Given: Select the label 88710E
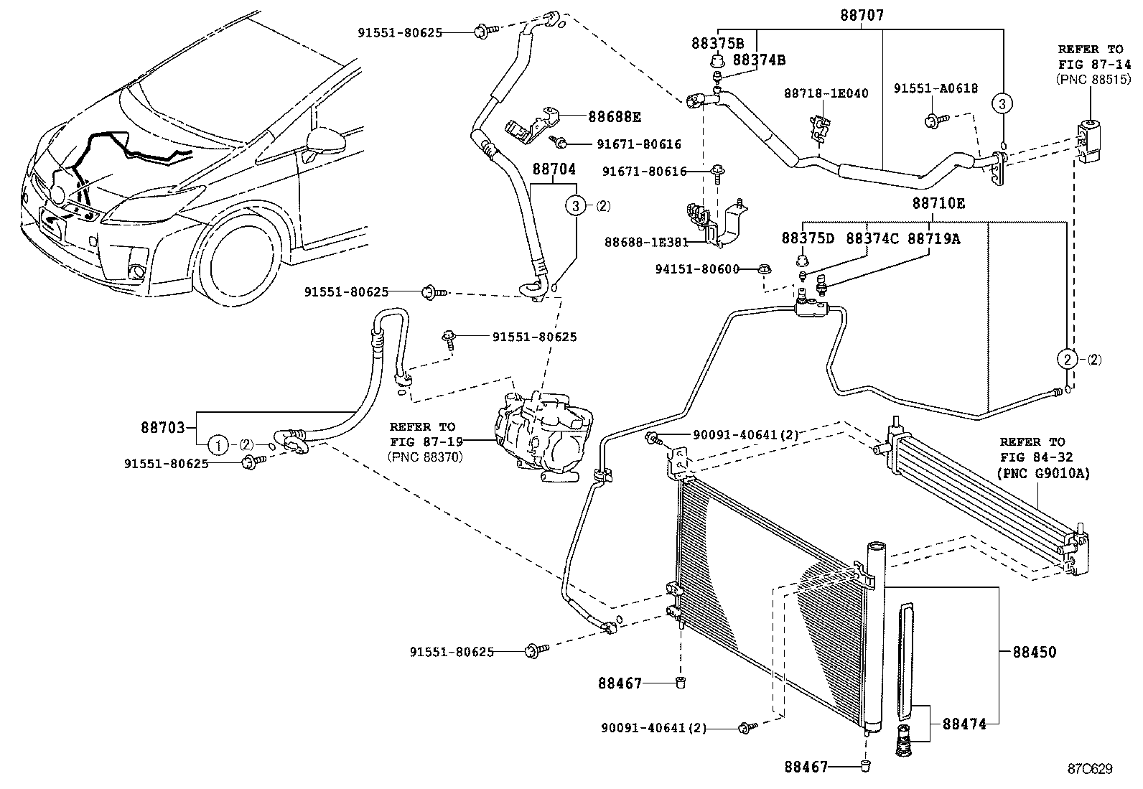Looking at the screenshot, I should (938, 204).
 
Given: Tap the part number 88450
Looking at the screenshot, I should (1035, 652).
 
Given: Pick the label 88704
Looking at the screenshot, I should (554, 169).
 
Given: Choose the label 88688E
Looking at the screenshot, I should (615, 116).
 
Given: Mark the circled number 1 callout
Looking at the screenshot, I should (219, 445).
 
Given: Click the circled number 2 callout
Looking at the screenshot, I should (1068, 358).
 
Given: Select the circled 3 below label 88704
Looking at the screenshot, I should (576, 206).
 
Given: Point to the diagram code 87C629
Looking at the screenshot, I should (1089, 769).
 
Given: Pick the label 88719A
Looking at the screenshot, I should (933, 239).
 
